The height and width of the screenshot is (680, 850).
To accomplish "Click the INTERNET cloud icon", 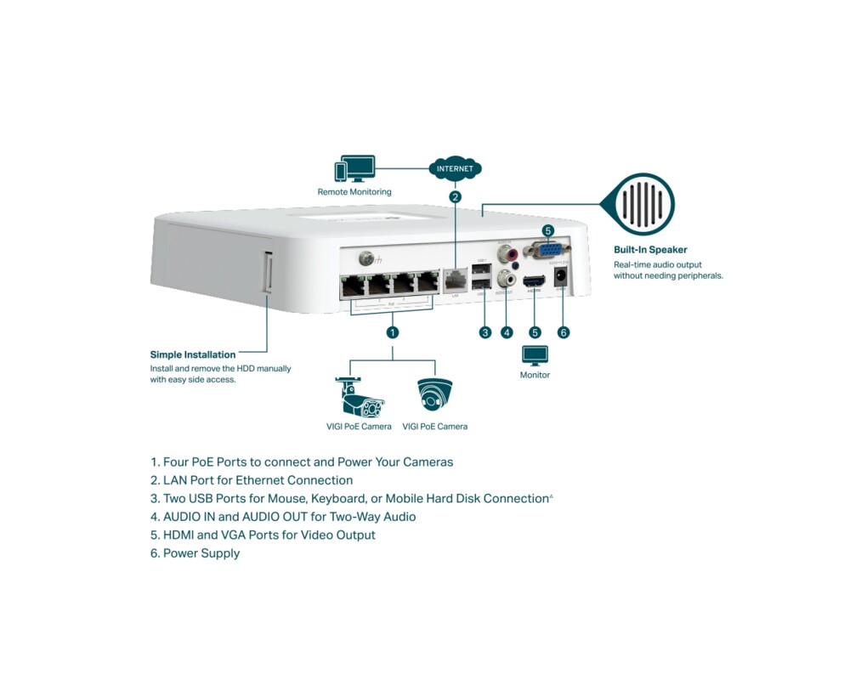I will pyautogui.click(x=455, y=168).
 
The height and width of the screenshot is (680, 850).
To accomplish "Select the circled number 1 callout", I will pyautogui.click(x=392, y=332).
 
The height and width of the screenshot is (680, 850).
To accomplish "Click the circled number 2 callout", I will pyautogui.click(x=455, y=197).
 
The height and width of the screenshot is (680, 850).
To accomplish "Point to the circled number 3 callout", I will pyautogui.click(x=485, y=332).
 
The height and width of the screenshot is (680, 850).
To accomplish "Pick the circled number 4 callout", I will pyautogui.click(x=507, y=332).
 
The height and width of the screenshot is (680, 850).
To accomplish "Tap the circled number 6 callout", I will pyautogui.click(x=563, y=332).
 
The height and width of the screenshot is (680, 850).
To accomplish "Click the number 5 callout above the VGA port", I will pyautogui.click(x=547, y=230).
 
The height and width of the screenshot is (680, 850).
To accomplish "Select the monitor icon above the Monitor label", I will pyautogui.click(x=535, y=355).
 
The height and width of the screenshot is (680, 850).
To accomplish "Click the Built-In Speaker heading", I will pyautogui.click(x=650, y=250).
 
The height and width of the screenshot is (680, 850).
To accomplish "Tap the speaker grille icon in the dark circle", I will pyautogui.click(x=643, y=204).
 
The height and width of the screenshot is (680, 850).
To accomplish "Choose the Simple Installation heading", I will pyautogui.click(x=193, y=354).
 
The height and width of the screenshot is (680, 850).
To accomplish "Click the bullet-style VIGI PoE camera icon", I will pyautogui.click(x=356, y=396).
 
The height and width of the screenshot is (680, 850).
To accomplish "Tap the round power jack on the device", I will pyautogui.click(x=560, y=277).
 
